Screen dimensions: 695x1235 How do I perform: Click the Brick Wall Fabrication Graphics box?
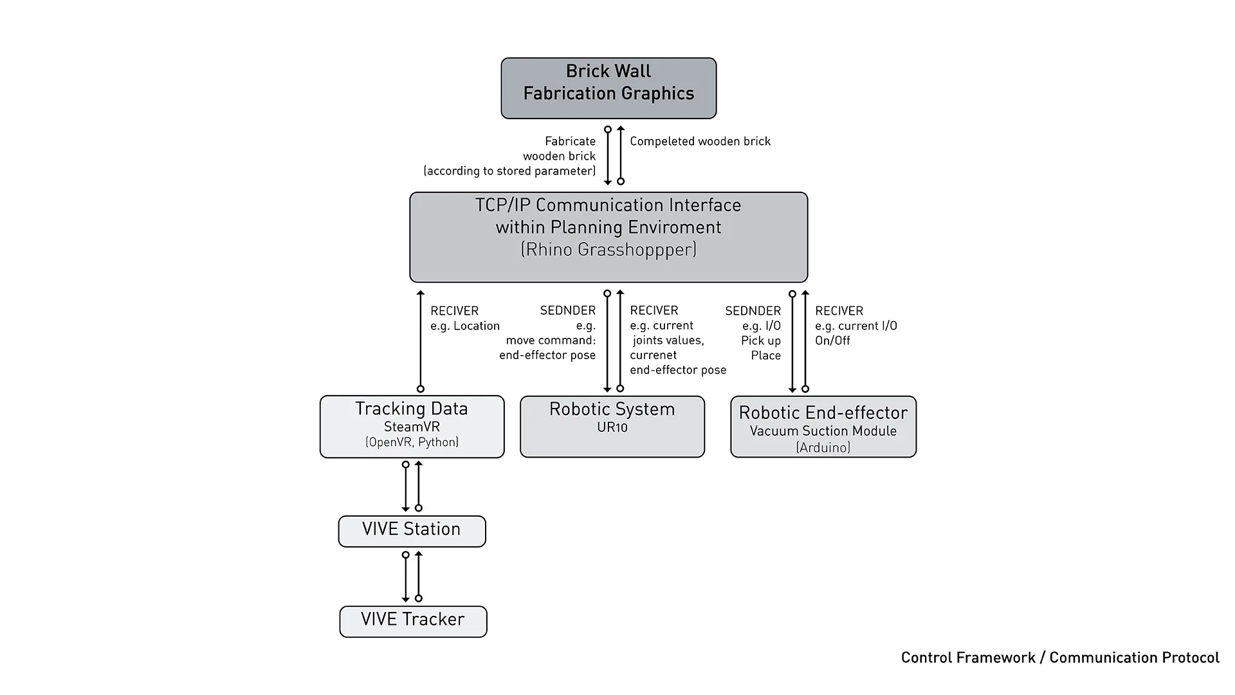(608, 88)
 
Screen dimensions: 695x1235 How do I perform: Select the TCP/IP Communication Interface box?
(608, 237)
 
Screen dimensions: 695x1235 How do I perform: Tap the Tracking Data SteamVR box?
(412, 426)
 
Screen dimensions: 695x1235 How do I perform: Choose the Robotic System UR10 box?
(612, 426)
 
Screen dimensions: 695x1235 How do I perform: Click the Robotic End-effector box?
(823, 426)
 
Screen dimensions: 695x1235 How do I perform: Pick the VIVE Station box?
(412, 531)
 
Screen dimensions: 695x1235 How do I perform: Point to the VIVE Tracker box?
(413, 621)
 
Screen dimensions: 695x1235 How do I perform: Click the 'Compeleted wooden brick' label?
(700, 142)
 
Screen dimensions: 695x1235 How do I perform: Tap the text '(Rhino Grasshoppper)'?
(608, 250)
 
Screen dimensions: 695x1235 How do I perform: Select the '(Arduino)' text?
(823, 447)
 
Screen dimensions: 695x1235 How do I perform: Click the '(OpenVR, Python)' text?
(412, 442)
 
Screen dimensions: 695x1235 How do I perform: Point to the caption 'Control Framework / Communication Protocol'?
(1059, 658)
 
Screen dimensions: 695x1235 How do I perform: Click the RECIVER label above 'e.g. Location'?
(454, 311)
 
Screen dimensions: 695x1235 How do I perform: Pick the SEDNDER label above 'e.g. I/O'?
(753, 311)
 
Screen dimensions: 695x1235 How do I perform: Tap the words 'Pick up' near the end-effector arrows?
(760, 340)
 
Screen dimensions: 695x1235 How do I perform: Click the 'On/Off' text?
(832, 340)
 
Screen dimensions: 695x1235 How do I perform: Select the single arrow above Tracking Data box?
(421, 341)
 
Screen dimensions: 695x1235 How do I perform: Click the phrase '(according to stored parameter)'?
(509, 171)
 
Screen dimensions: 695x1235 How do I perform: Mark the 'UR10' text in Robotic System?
(612, 427)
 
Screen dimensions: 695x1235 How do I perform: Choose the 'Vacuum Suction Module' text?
(823, 431)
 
